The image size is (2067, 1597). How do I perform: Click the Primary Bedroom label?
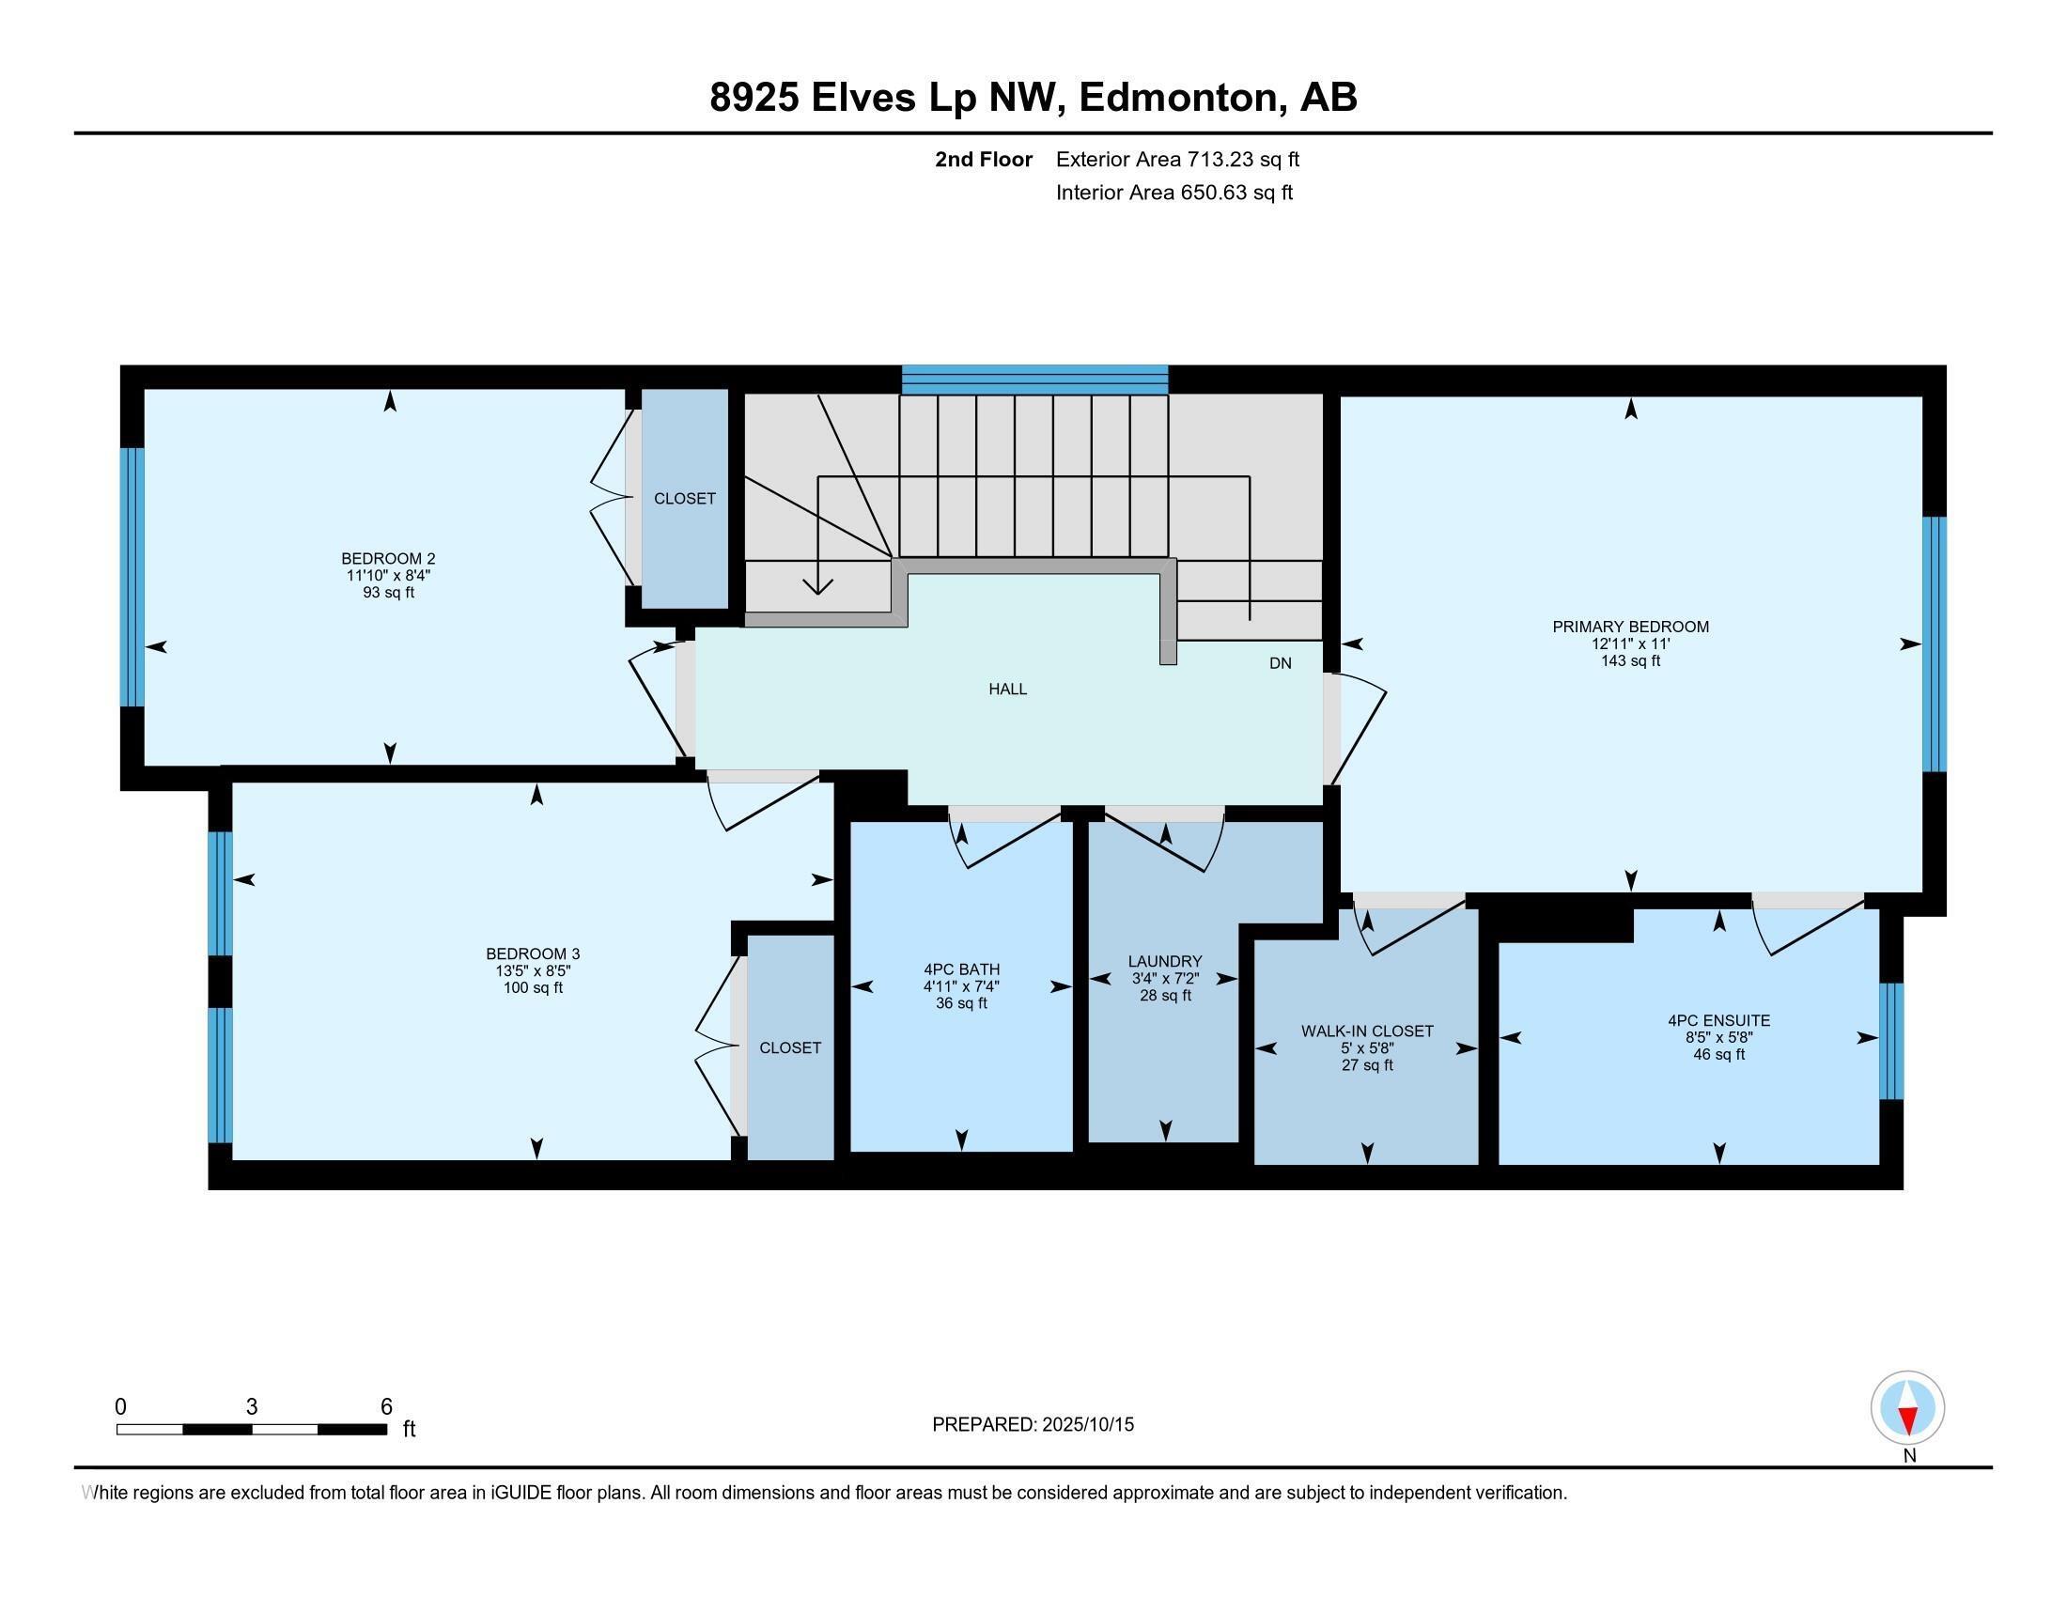(1630, 627)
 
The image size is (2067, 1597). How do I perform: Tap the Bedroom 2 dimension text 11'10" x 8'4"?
(389, 575)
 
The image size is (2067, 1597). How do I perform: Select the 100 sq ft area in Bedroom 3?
(533, 987)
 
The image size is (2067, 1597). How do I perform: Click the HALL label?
(1007, 689)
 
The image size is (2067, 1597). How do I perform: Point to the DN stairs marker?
(1280, 663)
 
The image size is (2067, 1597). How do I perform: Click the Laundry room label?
(1164, 961)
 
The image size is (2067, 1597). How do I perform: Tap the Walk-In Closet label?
(1367, 1031)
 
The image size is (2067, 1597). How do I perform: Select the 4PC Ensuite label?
(1717, 1021)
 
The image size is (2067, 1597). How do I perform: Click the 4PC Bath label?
(961, 969)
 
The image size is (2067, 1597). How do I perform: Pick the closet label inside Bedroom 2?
(684, 499)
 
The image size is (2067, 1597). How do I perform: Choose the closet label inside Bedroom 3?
(789, 1048)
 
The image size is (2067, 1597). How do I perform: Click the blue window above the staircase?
(1034, 380)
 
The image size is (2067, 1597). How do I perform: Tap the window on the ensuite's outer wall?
(1890, 1041)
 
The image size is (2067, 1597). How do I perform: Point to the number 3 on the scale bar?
(251, 1407)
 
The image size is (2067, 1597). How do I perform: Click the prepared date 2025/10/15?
(1086, 1425)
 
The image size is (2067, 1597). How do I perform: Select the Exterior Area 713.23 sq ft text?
(1176, 159)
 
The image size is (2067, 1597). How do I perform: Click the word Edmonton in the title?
(1178, 98)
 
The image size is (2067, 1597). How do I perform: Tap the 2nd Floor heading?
(983, 159)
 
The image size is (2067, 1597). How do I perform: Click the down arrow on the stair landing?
(817, 583)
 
